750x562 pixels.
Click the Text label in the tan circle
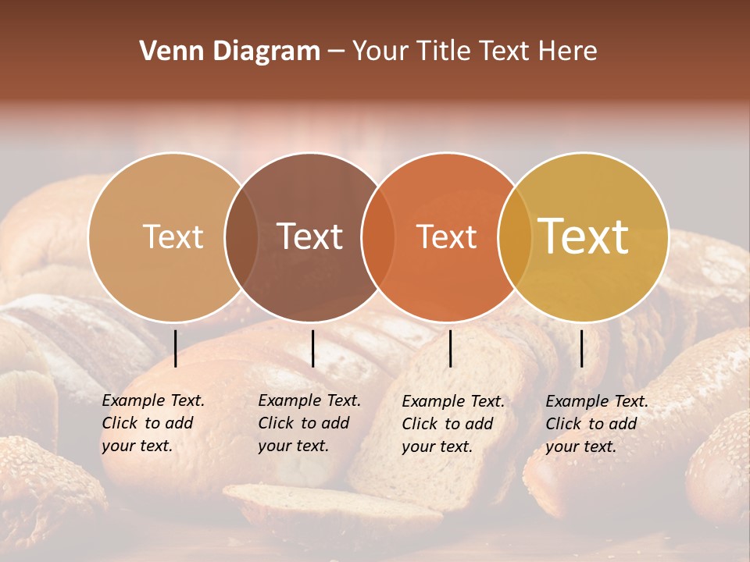[173, 237]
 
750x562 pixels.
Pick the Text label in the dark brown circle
[309, 237]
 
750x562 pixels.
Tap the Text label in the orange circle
[446, 237]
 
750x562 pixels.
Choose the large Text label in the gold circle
[584, 237]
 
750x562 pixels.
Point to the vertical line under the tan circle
[175, 348]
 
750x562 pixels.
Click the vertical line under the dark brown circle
[312, 348]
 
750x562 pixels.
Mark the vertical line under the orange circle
[450, 348]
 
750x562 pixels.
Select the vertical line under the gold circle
[581, 348]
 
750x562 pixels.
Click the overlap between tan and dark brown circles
[241, 237]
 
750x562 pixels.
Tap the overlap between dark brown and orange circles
[379, 237]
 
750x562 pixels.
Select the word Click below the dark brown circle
[276, 424]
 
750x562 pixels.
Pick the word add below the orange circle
[479, 425]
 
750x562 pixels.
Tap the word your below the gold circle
[562, 447]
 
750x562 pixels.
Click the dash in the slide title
[336, 52]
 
